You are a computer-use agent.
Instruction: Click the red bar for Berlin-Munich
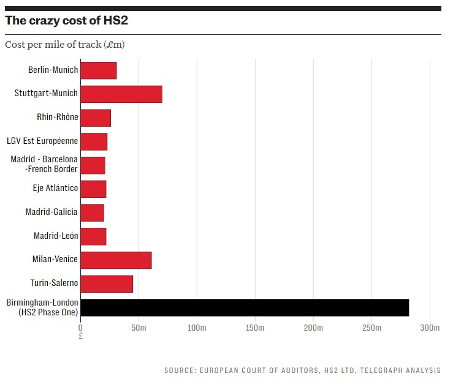[99, 70]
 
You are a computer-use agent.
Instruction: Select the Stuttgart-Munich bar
[121, 94]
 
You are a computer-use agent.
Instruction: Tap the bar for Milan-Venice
[116, 260]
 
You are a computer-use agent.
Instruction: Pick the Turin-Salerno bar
[107, 284]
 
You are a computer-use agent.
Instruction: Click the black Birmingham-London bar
[245, 307]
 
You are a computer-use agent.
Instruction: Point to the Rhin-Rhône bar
[96, 118]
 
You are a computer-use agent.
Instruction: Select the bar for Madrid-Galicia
[93, 212]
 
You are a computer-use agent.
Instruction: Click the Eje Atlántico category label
[55, 189]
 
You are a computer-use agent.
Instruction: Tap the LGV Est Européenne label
[42, 141]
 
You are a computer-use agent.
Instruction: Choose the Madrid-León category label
[56, 236]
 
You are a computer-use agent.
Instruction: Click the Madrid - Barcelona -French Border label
[44, 165]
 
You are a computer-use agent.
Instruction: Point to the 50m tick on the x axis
[139, 328]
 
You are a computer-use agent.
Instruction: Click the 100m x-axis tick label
[196, 328]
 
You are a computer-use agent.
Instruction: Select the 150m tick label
[254, 328]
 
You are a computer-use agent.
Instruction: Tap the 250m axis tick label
[371, 328]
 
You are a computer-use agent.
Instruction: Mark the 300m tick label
[430, 328]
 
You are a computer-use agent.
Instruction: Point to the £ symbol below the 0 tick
[81, 336]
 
